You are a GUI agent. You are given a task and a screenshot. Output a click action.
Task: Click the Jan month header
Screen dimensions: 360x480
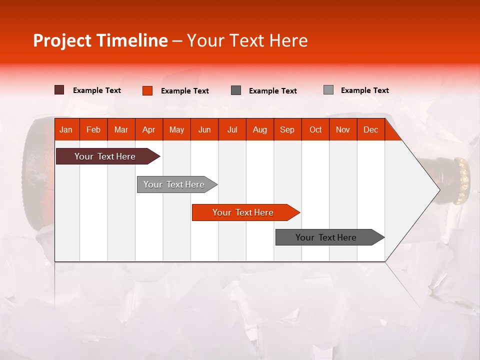[x=66, y=129]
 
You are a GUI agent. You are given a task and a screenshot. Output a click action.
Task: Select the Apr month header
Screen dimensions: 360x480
[x=148, y=129]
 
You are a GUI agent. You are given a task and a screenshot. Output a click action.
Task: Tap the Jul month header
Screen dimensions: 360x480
[x=232, y=129]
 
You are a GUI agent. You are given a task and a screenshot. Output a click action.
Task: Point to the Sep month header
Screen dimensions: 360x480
[x=287, y=129]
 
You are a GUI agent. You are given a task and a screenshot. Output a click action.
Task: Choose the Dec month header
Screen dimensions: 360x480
[x=370, y=129]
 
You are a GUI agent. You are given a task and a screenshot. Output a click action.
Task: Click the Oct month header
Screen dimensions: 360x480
[x=315, y=129]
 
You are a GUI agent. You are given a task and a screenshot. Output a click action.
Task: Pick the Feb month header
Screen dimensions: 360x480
[x=93, y=129]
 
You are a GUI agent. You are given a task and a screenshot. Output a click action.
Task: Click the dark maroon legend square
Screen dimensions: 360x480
[x=59, y=90]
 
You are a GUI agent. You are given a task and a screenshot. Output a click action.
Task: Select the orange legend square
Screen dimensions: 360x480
[x=147, y=90]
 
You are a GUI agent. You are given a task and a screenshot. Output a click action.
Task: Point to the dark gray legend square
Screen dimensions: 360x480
[x=236, y=90]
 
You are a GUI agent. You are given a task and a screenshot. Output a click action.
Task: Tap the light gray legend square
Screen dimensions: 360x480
[x=328, y=90]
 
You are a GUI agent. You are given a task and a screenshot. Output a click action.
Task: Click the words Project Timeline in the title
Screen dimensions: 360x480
[x=100, y=40]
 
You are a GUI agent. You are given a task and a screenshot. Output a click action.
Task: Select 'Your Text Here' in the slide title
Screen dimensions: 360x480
[x=247, y=40]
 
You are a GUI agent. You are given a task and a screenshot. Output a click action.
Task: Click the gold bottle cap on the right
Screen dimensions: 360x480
[x=463, y=177]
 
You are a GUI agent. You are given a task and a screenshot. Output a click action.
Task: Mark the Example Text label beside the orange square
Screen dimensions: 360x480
[x=184, y=91]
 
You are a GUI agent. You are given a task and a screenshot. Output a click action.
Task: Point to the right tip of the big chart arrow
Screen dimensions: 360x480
[x=438, y=189]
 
